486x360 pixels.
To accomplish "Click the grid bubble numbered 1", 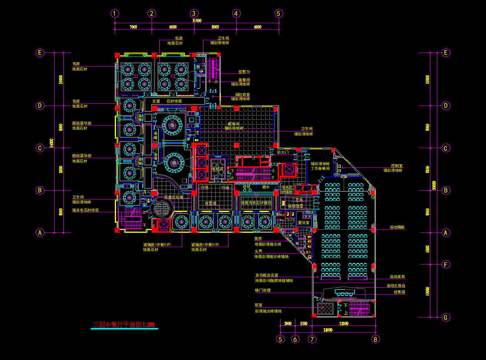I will pyautogui.click(x=114, y=14).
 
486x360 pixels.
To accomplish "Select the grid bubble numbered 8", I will pyautogui.click(x=375, y=340).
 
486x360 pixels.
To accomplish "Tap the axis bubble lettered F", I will pyautogui.click(x=446, y=265).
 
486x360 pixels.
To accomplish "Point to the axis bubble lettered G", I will pyautogui.click(x=446, y=317).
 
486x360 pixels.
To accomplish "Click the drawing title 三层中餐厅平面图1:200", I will pyautogui.click(x=124, y=325).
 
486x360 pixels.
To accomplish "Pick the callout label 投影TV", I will pyautogui.click(x=244, y=72).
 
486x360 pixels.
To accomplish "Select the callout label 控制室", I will pyautogui.click(x=397, y=165).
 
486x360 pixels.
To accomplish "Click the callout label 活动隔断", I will pyautogui.click(x=397, y=227).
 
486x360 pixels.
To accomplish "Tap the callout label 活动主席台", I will pyautogui.click(x=396, y=286).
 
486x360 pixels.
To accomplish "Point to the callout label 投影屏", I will pyautogui.click(x=399, y=292).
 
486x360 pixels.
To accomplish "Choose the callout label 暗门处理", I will pyautogui.click(x=263, y=290).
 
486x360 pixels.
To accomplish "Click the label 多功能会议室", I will pyautogui.click(x=266, y=275).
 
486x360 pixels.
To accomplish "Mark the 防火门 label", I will pyautogui.click(x=283, y=152).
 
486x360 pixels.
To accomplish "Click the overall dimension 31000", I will pyautogui.click(x=196, y=21).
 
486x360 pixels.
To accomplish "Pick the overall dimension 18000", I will pyautogui.click(x=327, y=330).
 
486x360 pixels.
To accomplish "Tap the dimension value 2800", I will pyautogui.click(x=287, y=323).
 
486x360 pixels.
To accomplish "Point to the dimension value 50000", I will pyautogui.click(x=434, y=186).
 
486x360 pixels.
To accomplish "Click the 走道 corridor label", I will pyautogui.click(x=156, y=101).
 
